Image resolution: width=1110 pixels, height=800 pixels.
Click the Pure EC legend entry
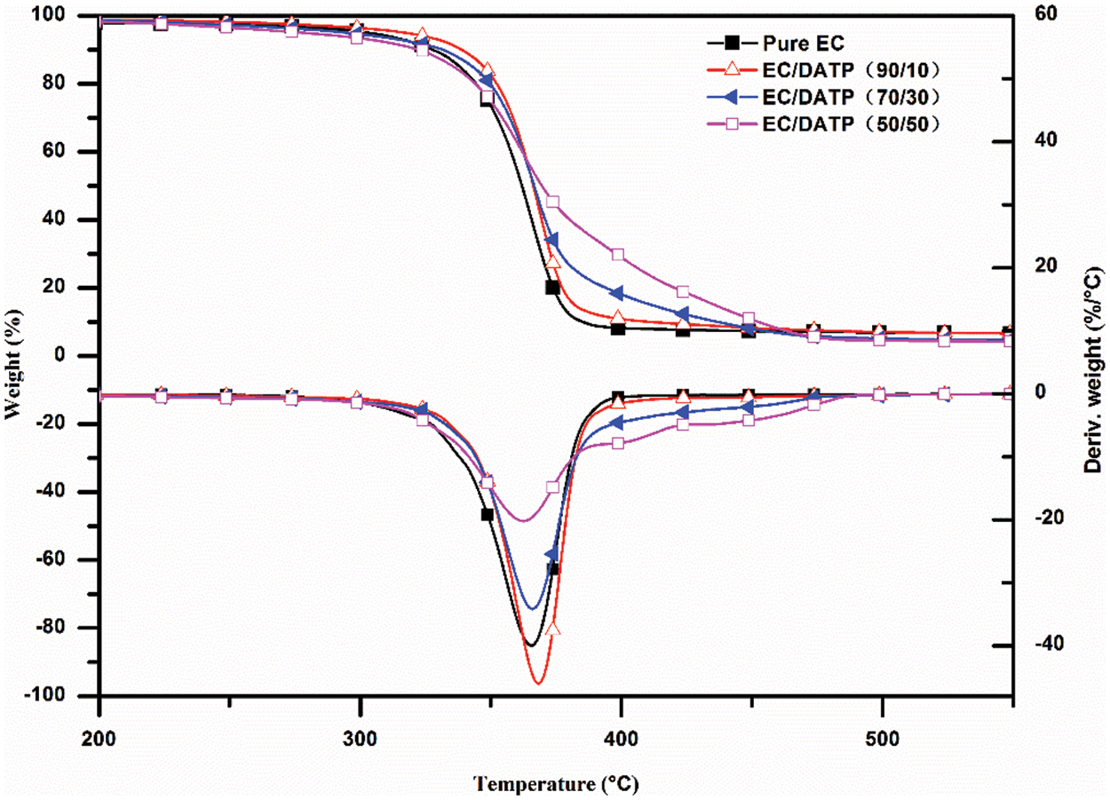789,42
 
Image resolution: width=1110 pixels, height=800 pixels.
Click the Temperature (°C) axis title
555,783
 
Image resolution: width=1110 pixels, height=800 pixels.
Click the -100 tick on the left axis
69,696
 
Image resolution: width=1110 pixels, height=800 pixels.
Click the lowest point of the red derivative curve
537,683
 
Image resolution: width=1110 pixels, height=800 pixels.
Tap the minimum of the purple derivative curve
523,520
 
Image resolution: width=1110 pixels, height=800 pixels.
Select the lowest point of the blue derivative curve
531,608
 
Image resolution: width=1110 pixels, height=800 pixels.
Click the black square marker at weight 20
552,287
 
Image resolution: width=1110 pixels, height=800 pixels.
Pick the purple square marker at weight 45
552,202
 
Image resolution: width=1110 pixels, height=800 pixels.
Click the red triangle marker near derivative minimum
553,628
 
